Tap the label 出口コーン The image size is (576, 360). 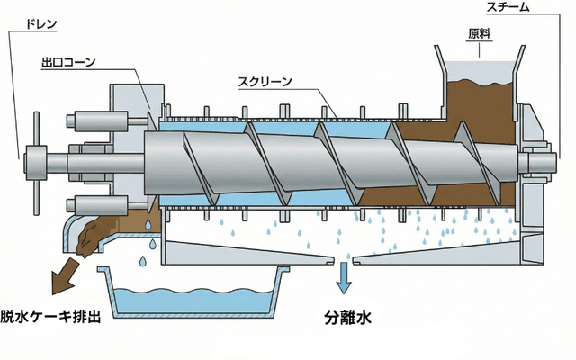[x=68, y=64]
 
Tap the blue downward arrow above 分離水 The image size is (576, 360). [x=344, y=278]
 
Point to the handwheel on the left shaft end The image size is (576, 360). [x=37, y=163]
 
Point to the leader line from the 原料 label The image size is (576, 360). [x=480, y=49]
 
